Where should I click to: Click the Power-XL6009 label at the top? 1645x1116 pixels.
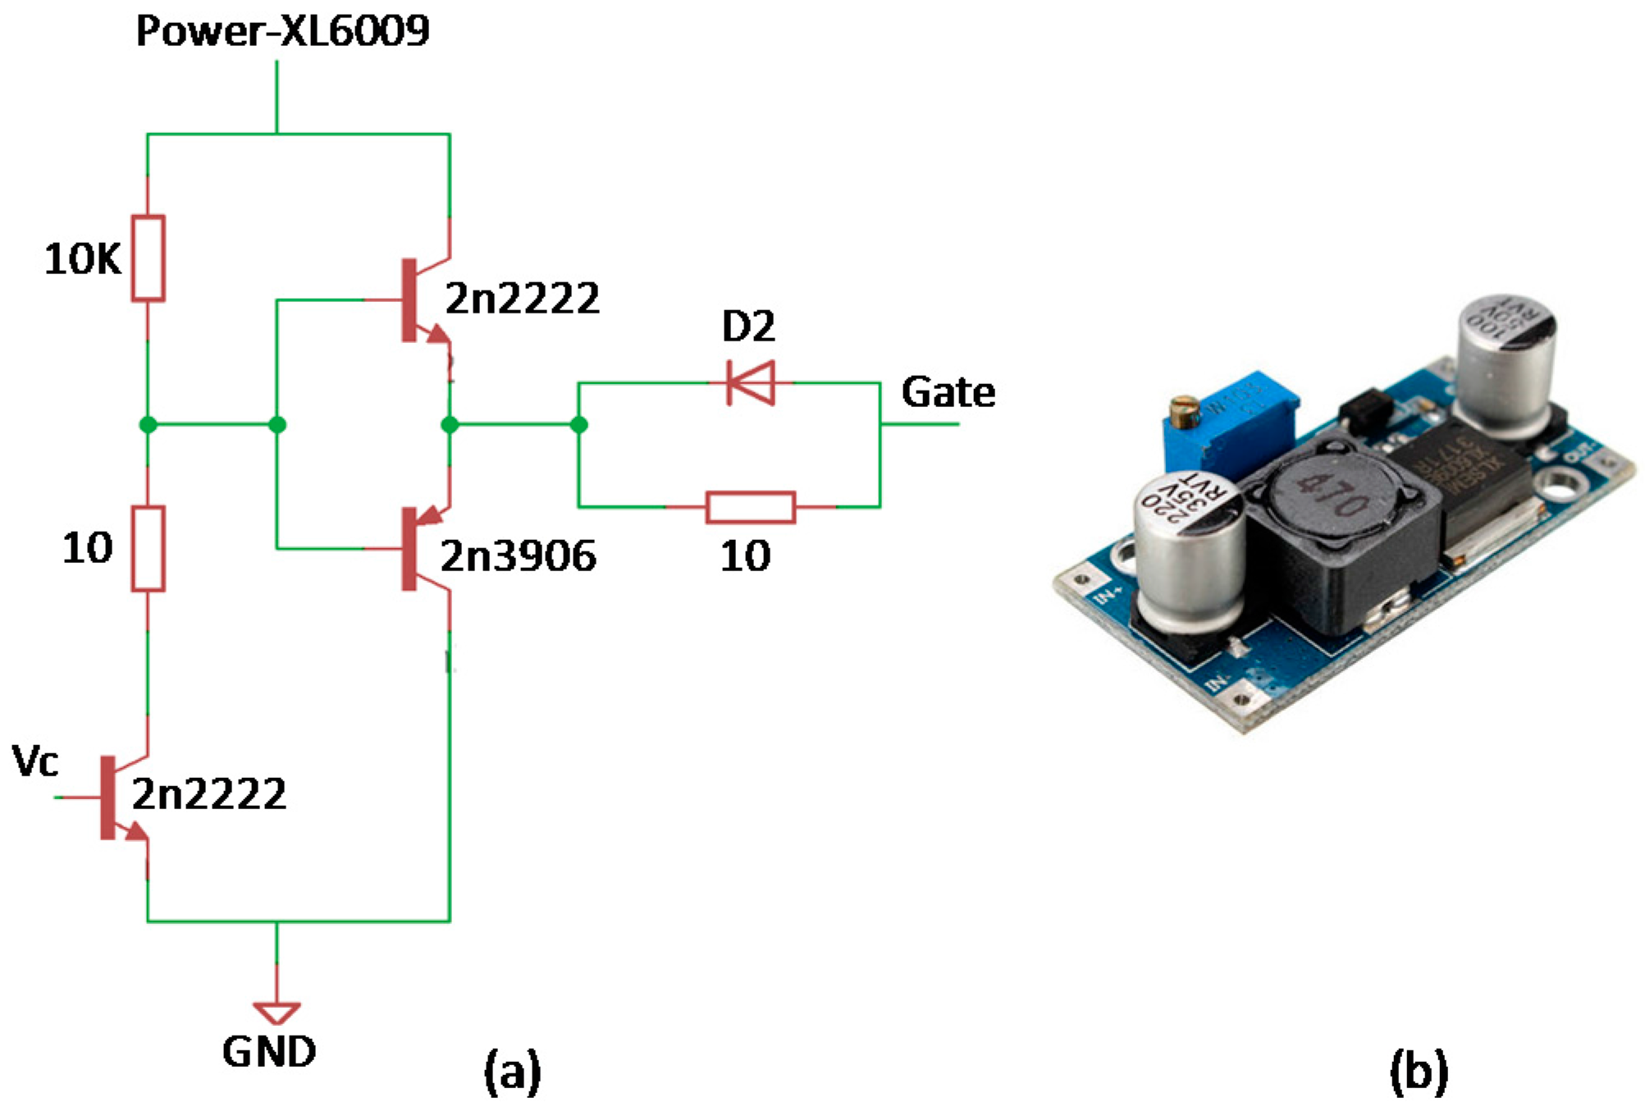pyautogui.click(x=282, y=31)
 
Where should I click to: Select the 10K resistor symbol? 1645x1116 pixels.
pyautogui.click(x=148, y=258)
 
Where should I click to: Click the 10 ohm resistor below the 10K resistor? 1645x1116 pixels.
pyautogui.click(x=148, y=548)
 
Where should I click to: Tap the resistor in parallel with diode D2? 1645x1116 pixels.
pyautogui.click(x=750, y=507)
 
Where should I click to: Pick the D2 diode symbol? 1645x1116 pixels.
pyautogui.click(x=750, y=382)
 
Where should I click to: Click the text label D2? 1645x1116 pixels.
pyautogui.click(x=747, y=327)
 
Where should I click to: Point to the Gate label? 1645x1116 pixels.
pyautogui.click(x=948, y=392)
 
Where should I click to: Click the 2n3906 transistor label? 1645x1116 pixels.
pyautogui.click(x=518, y=556)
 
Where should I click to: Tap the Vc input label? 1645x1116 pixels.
pyautogui.click(x=35, y=762)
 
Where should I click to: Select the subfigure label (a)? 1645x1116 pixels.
pyautogui.click(x=512, y=1072)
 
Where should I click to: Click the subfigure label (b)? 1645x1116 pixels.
pyautogui.click(x=1419, y=1072)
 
